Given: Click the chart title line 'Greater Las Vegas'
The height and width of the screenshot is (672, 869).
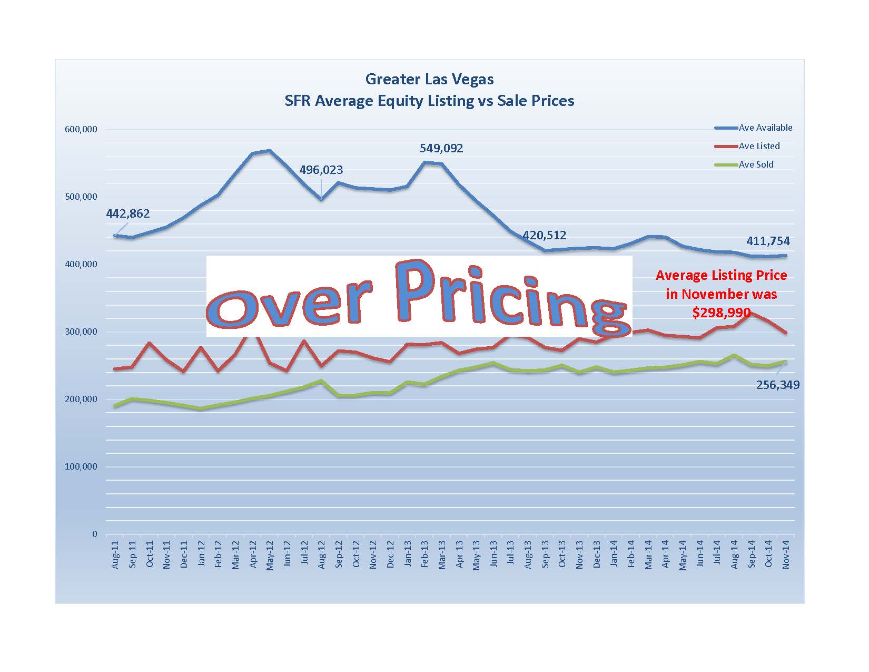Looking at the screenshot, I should [429, 80].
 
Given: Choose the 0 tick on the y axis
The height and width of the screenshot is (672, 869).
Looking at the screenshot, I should [95, 534].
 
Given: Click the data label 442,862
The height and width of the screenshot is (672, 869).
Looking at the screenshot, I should [128, 214].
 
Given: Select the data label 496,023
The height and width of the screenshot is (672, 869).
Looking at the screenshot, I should [321, 170].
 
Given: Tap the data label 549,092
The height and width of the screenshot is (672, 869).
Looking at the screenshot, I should [441, 149].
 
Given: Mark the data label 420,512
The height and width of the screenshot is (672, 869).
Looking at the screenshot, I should [545, 235].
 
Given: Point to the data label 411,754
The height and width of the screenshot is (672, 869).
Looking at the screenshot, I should [768, 241].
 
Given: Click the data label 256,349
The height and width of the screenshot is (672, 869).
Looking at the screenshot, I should [777, 385].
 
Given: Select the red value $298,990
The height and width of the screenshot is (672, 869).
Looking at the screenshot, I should [721, 313].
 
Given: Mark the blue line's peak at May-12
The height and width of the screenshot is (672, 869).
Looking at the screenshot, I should [270, 151].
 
